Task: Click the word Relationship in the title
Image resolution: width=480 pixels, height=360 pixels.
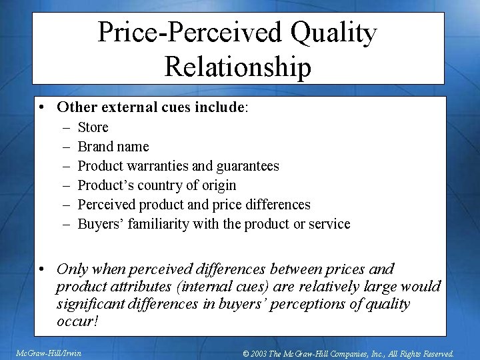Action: pos(237,67)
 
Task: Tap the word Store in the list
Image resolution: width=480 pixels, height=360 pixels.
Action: pos(93,127)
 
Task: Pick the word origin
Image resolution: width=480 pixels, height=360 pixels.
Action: pos(216,185)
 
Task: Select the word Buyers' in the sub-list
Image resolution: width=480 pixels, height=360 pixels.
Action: pos(100,224)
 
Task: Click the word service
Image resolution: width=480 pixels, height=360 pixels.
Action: pos(327,224)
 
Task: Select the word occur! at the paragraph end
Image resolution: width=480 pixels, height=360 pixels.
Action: pos(78,321)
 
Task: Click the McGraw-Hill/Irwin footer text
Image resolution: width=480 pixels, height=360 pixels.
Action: pos(49,353)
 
